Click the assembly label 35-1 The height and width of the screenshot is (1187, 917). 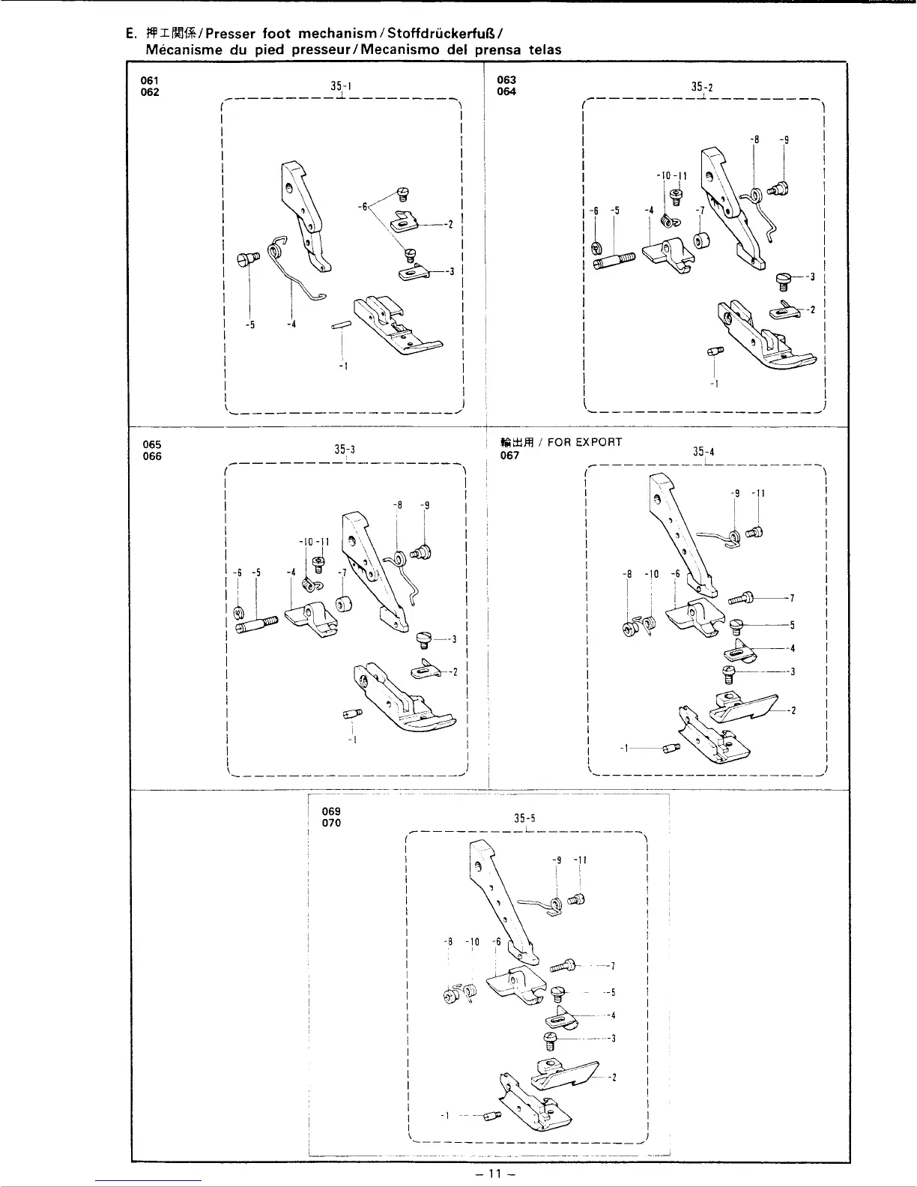pyautogui.click(x=341, y=86)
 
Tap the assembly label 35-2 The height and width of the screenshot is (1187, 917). pyautogui.click(x=702, y=88)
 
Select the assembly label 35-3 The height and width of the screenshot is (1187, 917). pyautogui.click(x=344, y=450)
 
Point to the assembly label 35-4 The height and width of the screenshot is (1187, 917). pyautogui.click(x=703, y=452)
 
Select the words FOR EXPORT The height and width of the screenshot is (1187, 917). pyautogui.click(x=584, y=442)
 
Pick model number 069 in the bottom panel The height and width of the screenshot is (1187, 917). pyautogui.click(x=331, y=811)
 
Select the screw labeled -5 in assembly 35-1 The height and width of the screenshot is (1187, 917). pyautogui.click(x=248, y=259)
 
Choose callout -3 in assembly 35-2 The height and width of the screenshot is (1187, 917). pyautogui.click(x=811, y=277)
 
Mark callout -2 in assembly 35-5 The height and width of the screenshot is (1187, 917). pyautogui.click(x=613, y=1078)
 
